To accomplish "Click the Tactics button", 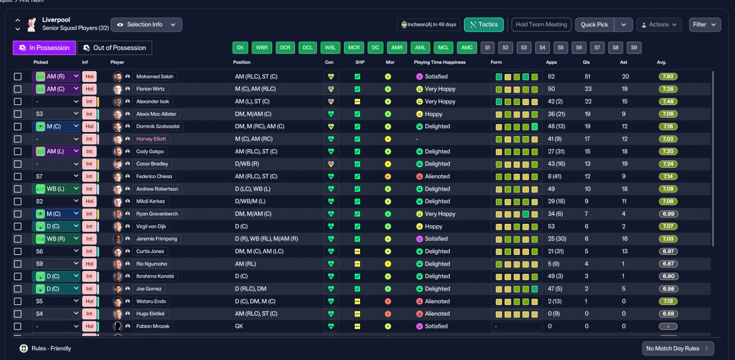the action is [483, 25].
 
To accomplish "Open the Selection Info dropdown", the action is [146, 25].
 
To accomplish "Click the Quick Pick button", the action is [594, 25].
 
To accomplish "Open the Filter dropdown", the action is [705, 25].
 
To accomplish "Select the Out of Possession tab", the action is [114, 48].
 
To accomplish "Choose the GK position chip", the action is [240, 48].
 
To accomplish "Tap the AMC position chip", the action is [467, 48].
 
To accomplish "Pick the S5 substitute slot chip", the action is [560, 48].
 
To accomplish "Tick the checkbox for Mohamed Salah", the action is [18, 76].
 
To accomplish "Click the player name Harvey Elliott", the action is [151, 139].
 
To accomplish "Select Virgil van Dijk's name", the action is [151, 226].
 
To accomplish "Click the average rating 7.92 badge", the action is [668, 76].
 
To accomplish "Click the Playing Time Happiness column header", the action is [439, 63].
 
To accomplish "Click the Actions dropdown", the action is [659, 25].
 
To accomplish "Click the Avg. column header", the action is [661, 63].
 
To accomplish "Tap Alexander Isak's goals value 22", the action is [588, 102].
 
